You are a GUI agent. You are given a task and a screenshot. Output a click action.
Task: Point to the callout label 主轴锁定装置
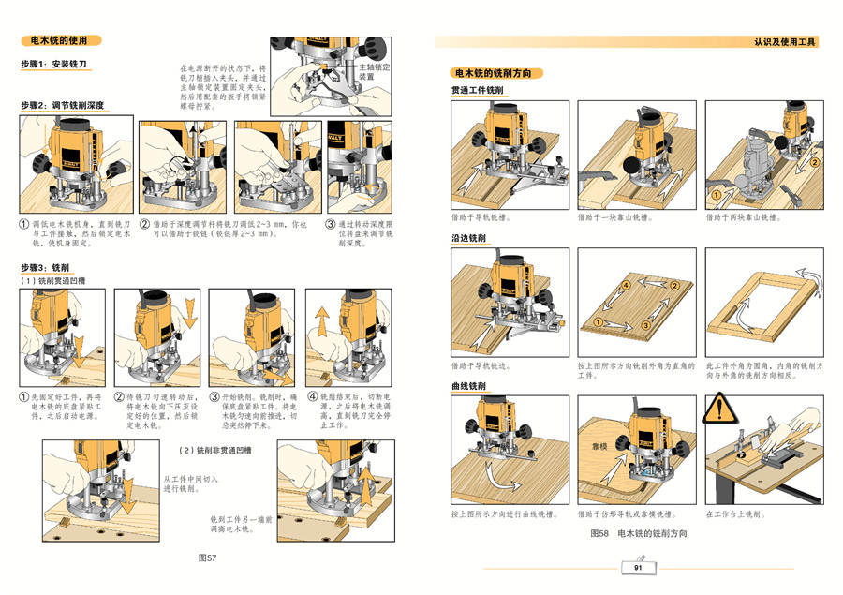[x=374, y=72]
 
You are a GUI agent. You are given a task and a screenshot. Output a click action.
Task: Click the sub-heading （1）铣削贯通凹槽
[x=52, y=280]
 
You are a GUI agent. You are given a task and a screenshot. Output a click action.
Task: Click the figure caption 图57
[x=207, y=558]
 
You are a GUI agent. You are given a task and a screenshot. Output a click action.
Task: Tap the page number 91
[x=638, y=568]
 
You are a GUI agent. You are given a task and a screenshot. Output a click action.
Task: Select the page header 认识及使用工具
[x=785, y=43]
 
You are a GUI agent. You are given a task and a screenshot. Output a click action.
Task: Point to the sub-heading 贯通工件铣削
[x=478, y=90]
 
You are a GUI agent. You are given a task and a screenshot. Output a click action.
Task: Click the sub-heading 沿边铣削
[x=468, y=238]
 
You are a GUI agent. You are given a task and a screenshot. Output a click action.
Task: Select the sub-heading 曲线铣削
[x=468, y=386]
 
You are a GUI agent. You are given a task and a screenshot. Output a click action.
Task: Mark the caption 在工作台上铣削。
[x=735, y=513]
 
